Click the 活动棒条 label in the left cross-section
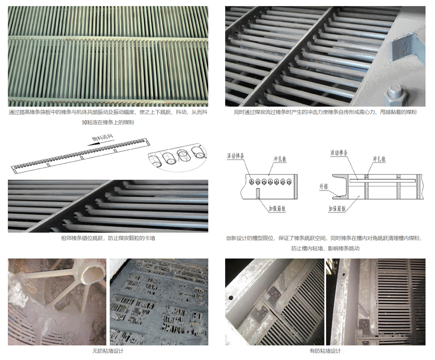point(235,156)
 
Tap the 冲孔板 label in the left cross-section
point(280,159)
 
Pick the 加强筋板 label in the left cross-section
point(277,209)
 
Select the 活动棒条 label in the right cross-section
point(339,153)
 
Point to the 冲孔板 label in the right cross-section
point(379,159)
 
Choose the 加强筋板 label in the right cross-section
point(337,209)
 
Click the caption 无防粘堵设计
point(108,351)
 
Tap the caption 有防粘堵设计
point(325,351)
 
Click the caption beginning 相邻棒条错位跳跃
point(108,238)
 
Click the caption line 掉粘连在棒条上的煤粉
point(108,122)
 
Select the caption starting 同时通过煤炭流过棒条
point(325,112)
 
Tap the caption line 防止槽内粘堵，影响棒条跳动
point(325,248)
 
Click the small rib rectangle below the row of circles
point(258,194)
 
